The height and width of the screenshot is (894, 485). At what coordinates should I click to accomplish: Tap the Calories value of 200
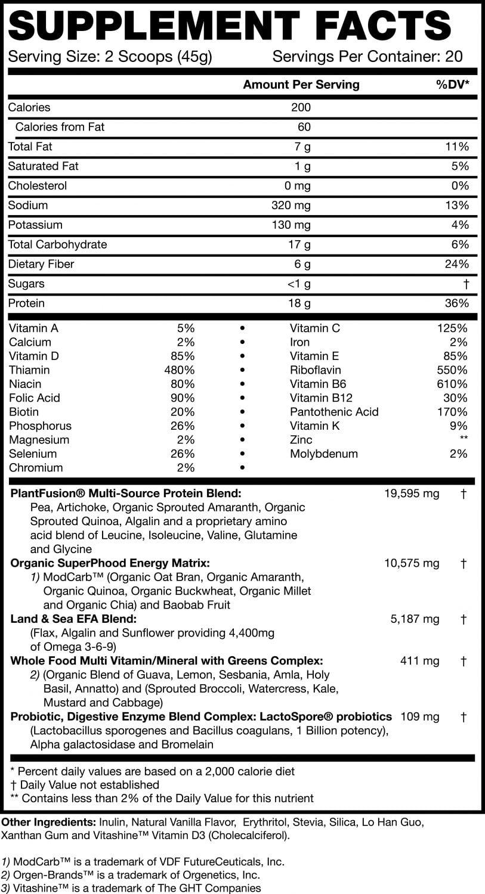click(x=301, y=108)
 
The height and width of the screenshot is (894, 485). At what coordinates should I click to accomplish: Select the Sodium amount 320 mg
click(x=291, y=206)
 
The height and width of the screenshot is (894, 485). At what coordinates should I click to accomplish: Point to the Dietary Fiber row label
click(x=41, y=264)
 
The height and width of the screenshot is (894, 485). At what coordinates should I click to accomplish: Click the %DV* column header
click(x=452, y=85)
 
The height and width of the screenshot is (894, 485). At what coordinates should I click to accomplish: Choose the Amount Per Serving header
click(x=301, y=85)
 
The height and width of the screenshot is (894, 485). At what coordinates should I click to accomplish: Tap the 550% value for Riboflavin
click(x=452, y=370)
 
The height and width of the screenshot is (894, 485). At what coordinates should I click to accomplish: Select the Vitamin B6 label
click(x=318, y=384)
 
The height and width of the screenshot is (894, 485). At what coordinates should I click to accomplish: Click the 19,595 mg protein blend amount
click(x=412, y=493)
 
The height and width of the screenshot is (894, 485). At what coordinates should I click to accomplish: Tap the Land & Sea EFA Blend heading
click(x=74, y=619)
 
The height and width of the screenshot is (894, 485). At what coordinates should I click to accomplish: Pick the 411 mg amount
click(x=419, y=661)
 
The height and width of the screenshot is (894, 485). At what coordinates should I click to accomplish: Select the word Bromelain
click(x=186, y=744)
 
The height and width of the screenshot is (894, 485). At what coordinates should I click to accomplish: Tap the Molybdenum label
click(x=324, y=454)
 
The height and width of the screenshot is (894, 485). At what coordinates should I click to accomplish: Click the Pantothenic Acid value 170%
click(x=452, y=412)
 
